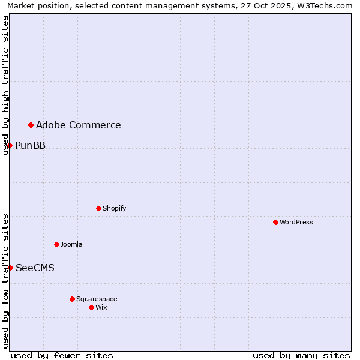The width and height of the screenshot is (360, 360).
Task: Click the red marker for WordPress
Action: (275, 222)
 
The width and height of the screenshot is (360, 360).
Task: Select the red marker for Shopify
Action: (98, 208)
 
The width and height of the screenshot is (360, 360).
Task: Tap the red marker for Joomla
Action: (56, 244)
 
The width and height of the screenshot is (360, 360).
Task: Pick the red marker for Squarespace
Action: (72, 299)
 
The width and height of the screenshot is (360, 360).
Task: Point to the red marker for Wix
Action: (91, 307)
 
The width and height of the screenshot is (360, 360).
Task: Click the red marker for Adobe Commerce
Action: (31, 125)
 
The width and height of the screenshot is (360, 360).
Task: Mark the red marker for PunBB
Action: (10, 145)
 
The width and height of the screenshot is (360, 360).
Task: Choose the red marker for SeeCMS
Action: (10, 268)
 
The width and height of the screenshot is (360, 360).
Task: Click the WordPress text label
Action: (296, 222)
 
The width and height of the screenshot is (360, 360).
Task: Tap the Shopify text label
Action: (114, 208)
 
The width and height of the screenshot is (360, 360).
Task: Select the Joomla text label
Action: (71, 244)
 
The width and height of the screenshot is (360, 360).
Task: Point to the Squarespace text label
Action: (97, 299)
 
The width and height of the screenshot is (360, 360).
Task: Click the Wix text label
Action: (101, 307)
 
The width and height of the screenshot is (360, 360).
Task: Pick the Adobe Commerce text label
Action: (79, 125)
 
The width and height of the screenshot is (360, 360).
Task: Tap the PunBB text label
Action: (30, 145)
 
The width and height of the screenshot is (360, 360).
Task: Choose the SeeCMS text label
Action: (35, 268)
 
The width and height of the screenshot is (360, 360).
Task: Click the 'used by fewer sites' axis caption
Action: (62, 355)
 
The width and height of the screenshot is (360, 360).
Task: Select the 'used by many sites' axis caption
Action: (301, 355)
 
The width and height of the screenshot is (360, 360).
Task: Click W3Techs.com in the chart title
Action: (326, 5)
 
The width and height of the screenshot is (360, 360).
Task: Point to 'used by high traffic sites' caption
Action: (5, 85)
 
